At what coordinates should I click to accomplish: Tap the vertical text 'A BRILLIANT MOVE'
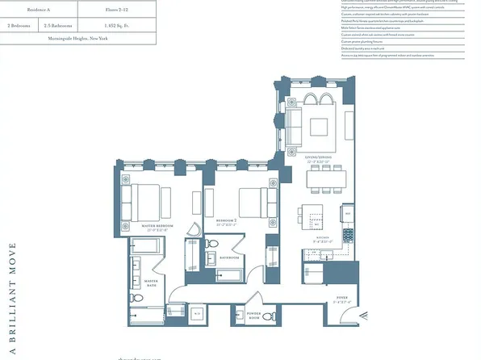[x=11, y=298]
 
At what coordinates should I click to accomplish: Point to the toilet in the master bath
[x=136, y=300]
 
